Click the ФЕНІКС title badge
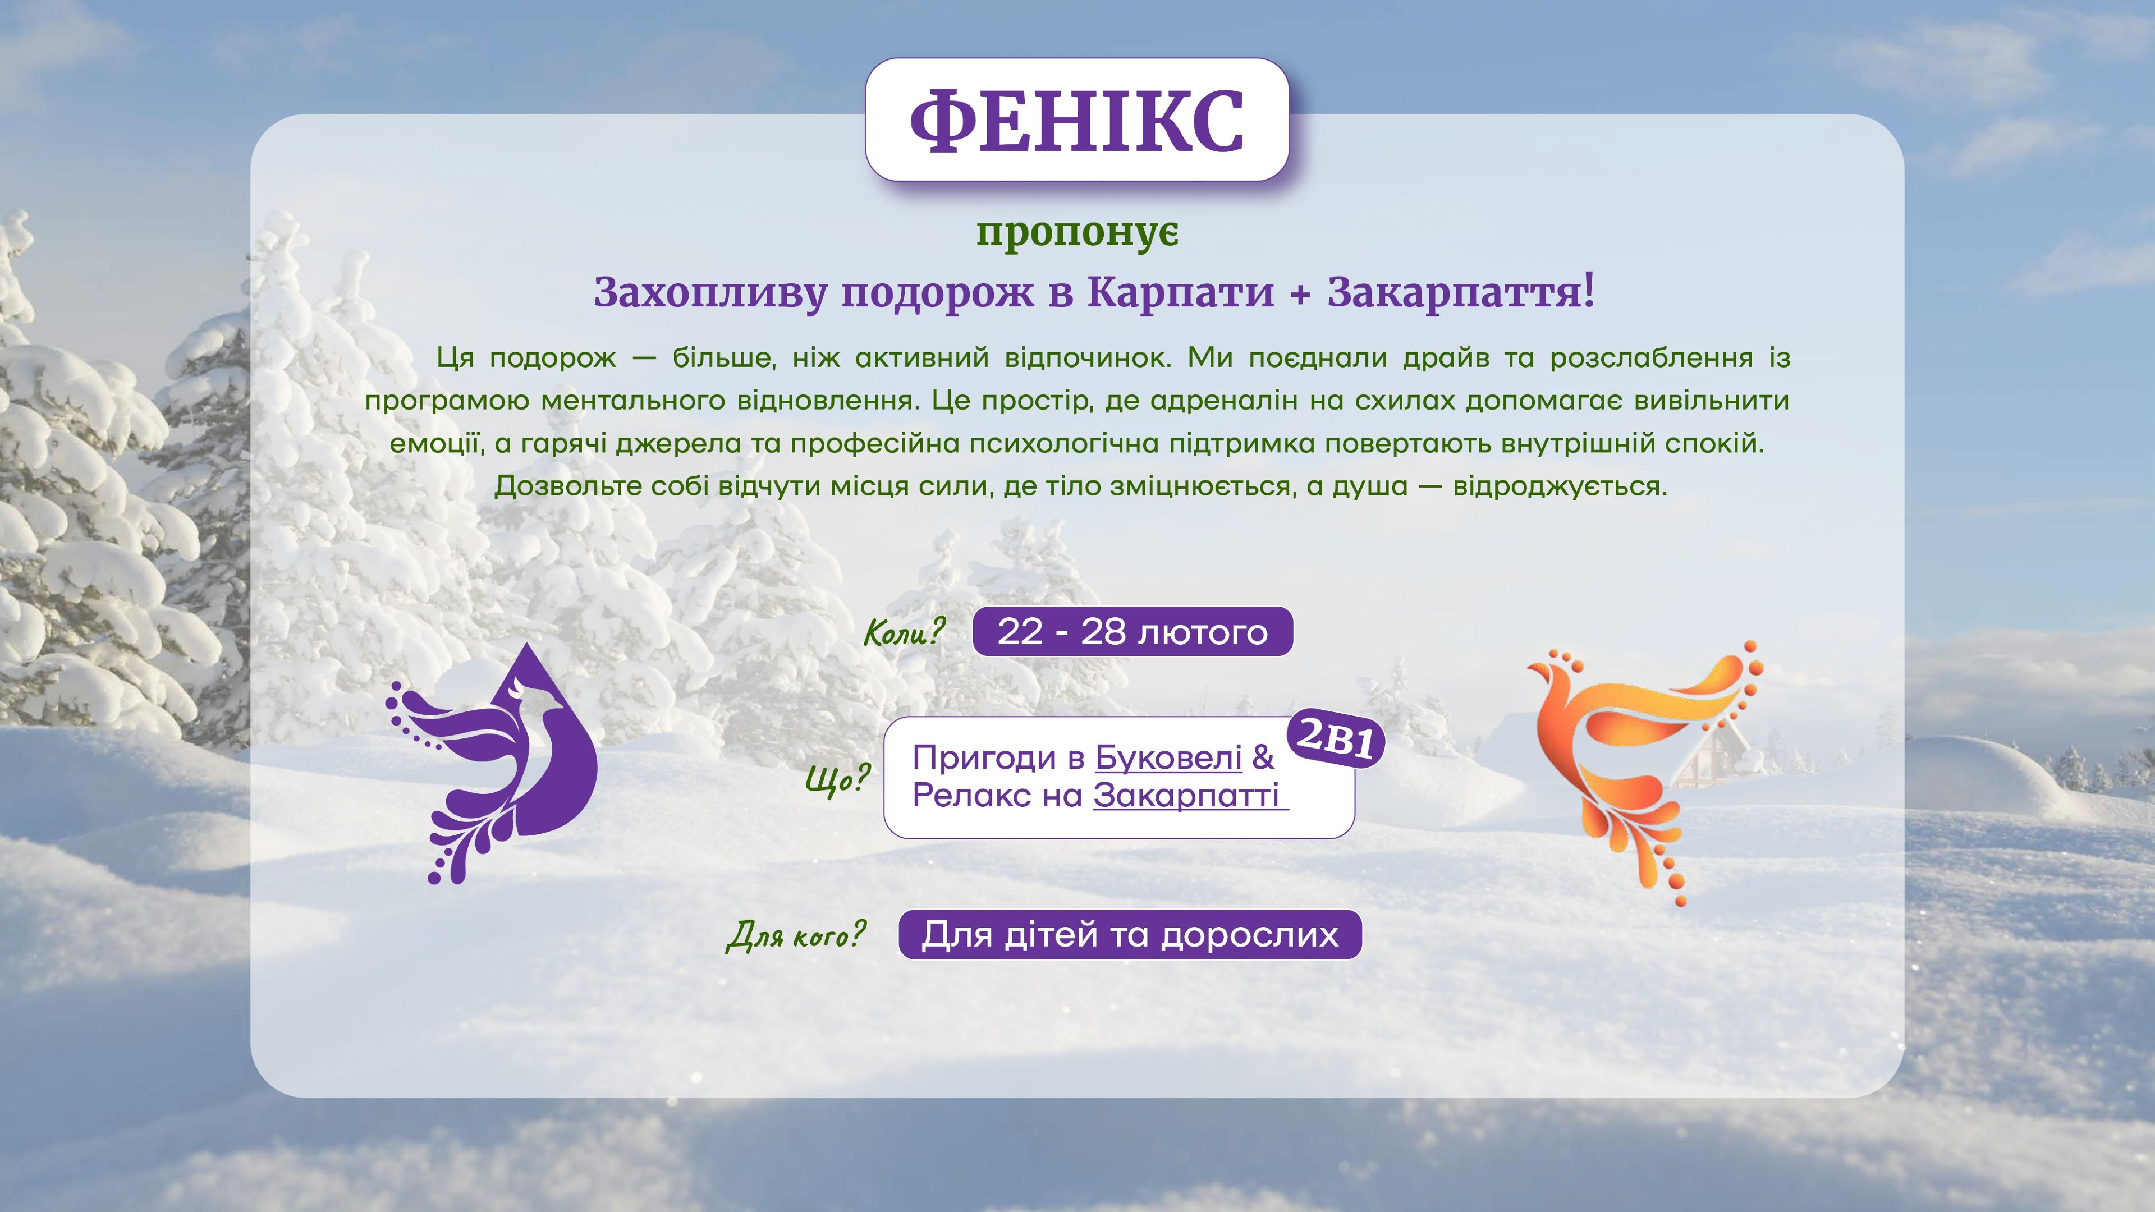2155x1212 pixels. click(1077, 120)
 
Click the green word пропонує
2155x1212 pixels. click(1077, 233)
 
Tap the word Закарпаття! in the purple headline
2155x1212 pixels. click(1461, 292)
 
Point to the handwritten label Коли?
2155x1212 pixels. click(904, 632)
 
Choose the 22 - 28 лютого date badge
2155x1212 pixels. click(1132, 631)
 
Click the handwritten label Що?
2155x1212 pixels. click(837, 779)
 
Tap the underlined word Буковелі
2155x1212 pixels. click(1168, 758)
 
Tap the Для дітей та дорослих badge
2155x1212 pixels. click(1130, 934)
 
